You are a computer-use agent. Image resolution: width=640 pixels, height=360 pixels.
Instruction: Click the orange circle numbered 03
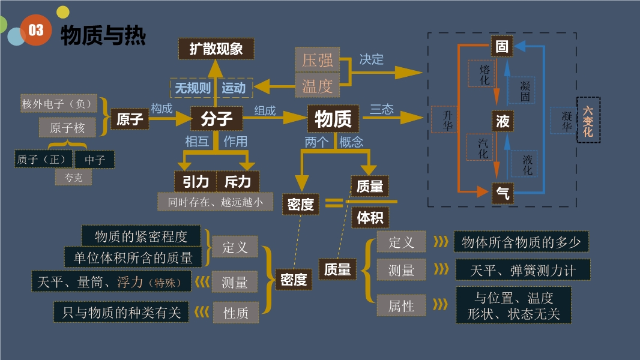click(x=35, y=31)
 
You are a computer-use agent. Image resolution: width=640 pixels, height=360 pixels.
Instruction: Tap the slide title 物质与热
click(x=103, y=35)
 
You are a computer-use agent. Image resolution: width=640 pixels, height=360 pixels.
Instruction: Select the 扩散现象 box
click(x=216, y=49)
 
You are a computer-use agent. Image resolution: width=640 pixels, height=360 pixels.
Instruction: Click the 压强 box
click(x=317, y=60)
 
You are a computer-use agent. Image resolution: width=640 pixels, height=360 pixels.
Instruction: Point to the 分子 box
click(x=216, y=119)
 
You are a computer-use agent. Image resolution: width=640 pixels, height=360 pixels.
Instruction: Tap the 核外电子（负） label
click(x=58, y=104)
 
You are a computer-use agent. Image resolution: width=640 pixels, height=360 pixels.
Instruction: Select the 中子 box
click(x=95, y=160)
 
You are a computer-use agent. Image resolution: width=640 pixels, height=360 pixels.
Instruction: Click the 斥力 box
click(x=241, y=181)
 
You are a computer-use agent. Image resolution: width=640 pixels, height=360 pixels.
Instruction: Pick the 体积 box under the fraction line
click(x=369, y=217)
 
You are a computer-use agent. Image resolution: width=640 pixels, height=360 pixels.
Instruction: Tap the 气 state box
click(x=503, y=193)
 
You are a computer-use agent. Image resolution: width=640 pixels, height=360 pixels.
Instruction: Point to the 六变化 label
click(x=588, y=120)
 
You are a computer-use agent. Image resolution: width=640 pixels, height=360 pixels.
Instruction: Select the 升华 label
click(x=447, y=120)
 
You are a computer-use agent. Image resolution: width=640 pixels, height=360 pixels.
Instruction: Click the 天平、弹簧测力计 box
click(x=523, y=271)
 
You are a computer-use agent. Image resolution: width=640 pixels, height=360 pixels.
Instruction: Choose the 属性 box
click(x=401, y=306)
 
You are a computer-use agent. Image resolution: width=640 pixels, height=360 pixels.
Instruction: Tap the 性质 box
click(x=235, y=312)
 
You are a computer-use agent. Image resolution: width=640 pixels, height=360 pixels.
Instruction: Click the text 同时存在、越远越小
click(x=215, y=202)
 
